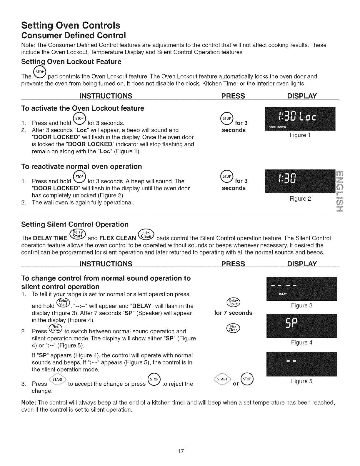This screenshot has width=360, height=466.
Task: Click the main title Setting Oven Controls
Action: [71, 25]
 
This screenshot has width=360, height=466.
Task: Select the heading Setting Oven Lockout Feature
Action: [71, 62]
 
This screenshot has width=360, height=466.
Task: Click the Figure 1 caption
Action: [300, 135]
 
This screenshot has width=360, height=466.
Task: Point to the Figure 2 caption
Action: [300, 199]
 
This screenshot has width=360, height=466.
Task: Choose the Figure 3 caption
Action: [301, 306]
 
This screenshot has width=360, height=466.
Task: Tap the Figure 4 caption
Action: [301, 342]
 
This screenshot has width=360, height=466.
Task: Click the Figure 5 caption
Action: [301, 382]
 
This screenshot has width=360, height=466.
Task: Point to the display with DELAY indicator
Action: [301, 289]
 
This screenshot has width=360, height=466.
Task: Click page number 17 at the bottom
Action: [180, 451]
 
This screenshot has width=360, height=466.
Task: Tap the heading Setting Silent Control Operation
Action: [75, 224]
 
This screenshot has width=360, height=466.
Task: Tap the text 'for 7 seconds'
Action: [233, 313]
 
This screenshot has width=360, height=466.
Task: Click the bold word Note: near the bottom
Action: [29, 402]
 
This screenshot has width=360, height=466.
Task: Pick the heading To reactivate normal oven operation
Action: [81, 167]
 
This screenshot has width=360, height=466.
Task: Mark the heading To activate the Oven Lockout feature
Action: [83, 108]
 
